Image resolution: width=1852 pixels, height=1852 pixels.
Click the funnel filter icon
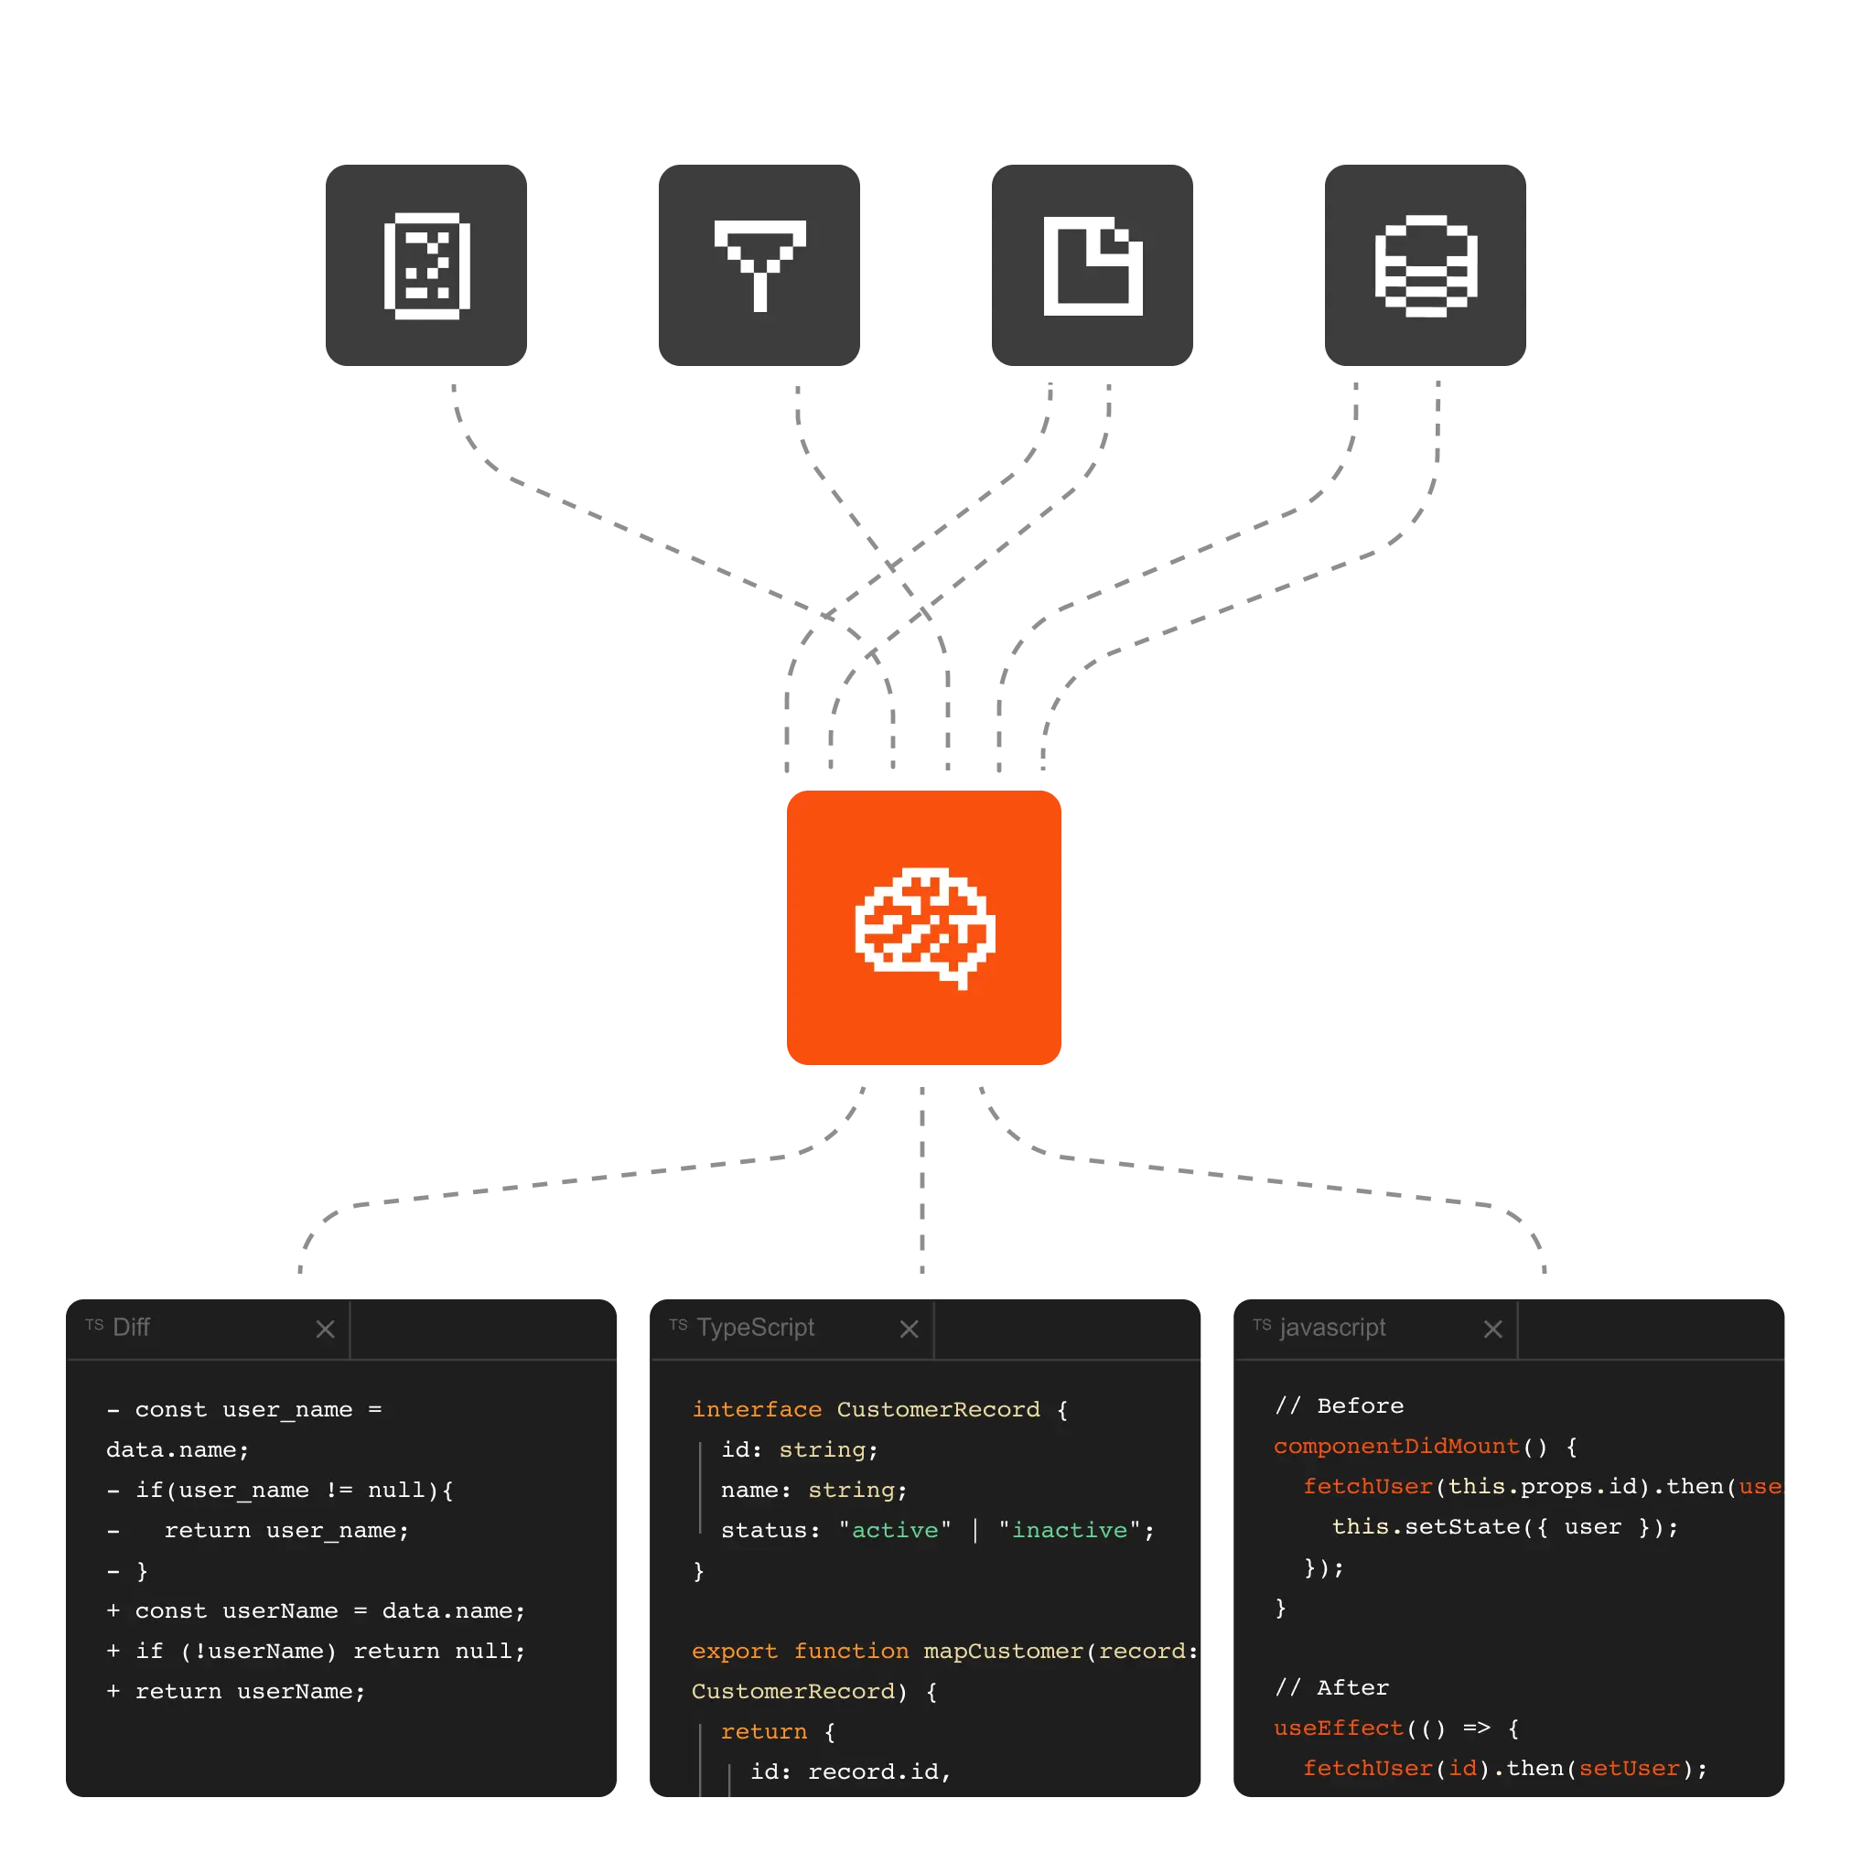(760, 264)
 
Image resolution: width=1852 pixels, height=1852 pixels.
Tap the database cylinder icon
(1426, 264)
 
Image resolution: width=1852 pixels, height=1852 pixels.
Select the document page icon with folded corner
(1092, 265)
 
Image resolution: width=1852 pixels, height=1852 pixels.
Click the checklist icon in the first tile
(426, 265)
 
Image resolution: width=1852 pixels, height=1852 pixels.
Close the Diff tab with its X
(325, 1329)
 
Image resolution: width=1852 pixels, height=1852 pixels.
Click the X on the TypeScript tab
(909, 1329)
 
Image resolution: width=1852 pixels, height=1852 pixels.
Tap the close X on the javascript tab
(1492, 1329)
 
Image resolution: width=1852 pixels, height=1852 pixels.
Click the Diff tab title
(132, 1327)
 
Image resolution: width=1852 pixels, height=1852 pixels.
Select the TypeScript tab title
(756, 1327)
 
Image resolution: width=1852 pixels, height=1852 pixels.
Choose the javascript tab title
(1332, 1327)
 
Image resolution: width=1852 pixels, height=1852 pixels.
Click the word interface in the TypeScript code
(757, 1409)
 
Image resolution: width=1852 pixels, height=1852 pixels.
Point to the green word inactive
(1070, 1530)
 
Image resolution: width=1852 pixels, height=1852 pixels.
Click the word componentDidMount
(1395, 1446)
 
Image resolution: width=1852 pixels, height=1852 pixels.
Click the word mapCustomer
(1003, 1651)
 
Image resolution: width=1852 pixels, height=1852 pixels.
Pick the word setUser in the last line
(1629, 1768)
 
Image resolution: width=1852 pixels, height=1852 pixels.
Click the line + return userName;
(236, 1691)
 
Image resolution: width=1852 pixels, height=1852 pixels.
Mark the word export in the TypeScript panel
(734, 1651)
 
